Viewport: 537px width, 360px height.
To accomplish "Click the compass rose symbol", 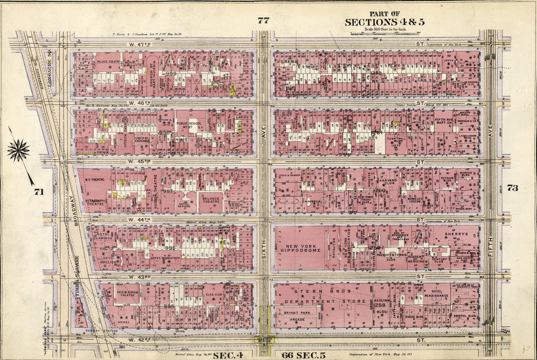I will point(18,151).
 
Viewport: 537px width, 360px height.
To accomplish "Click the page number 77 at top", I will point(263,20).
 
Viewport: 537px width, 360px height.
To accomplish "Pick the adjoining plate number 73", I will point(512,188).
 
